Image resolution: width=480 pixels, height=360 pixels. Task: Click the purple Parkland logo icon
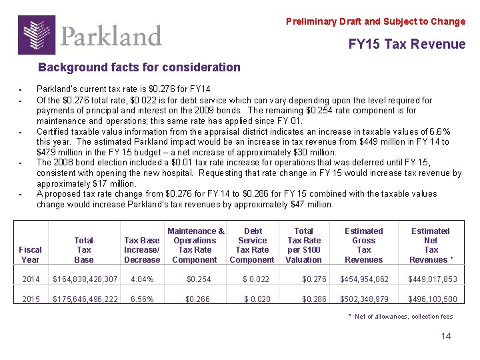(37, 35)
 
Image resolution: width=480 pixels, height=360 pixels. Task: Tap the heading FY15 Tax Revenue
(407, 44)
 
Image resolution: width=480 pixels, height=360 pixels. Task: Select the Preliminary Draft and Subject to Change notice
(375, 21)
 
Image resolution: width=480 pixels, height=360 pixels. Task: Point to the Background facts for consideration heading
(139, 67)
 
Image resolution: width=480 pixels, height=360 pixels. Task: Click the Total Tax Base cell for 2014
(85, 279)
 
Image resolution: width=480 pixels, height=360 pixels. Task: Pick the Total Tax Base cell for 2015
(85, 299)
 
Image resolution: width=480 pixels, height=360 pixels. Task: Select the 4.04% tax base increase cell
(142, 279)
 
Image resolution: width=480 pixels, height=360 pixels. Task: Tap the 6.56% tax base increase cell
(142, 299)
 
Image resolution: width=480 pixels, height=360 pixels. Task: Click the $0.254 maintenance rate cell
(199, 279)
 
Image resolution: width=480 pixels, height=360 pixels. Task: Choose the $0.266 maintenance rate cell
(199, 299)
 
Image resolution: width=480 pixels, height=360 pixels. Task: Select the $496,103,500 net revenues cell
(431, 299)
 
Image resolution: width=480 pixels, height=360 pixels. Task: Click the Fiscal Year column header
(31, 255)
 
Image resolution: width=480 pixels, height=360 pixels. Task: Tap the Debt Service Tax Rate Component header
(252, 245)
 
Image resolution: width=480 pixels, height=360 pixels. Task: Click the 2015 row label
(31, 299)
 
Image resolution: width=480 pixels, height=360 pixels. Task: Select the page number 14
(445, 336)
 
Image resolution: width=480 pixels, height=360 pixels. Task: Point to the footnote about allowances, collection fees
(399, 317)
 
